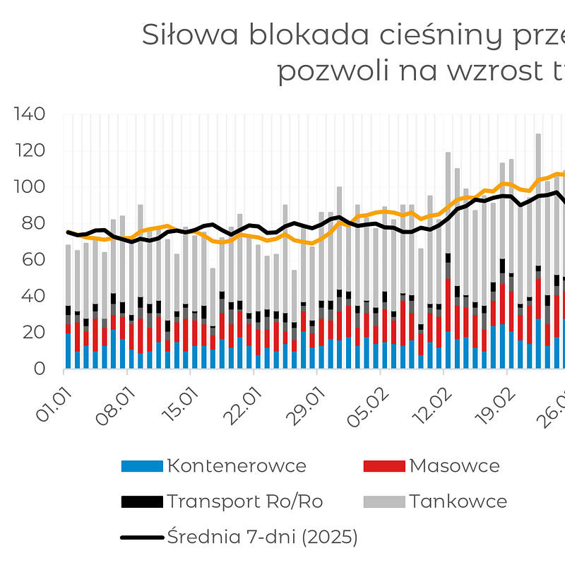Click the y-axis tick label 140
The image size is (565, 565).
click(30, 114)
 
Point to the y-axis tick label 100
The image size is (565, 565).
click(30, 187)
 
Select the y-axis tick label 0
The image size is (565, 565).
click(40, 369)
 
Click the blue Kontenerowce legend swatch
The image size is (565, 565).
click(141, 466)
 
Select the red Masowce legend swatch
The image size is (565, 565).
click(383, 466)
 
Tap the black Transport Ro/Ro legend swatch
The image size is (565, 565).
click(141, 502)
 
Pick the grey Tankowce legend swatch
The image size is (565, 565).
click(383, 502)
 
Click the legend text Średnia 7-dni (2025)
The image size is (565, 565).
click(262, 537)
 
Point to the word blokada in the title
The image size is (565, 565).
click(285, 35)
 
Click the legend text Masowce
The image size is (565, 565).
click(454, 466)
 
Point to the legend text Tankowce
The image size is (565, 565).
click(458, 502)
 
